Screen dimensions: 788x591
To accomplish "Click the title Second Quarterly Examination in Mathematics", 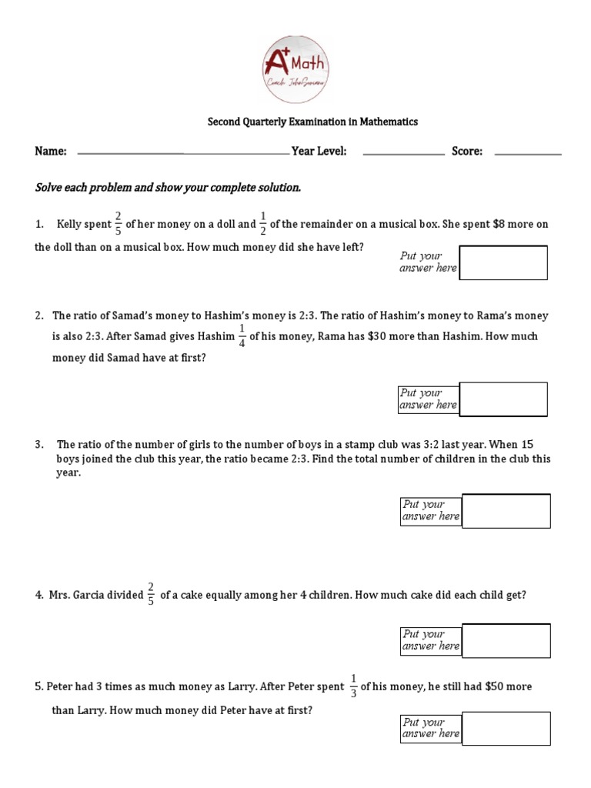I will click(313, 122).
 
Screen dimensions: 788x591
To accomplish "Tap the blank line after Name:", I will click(182, 154).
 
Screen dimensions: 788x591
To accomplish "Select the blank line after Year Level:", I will click(403, 154).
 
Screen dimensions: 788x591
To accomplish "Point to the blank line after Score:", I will click(527, 154).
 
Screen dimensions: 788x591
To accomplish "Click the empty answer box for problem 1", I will click(503, 262).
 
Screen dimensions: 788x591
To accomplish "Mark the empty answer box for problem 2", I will click(503, 399).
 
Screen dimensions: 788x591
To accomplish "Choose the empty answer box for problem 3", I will click(506, 511).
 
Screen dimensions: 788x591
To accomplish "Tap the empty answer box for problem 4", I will click(506, 640).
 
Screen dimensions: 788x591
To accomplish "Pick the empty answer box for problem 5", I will click(506, 728).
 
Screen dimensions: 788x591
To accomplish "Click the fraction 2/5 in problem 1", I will click(118, 224).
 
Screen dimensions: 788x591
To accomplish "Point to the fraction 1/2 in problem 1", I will click(263, 224).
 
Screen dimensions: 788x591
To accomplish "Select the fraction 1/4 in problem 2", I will click(242, 336).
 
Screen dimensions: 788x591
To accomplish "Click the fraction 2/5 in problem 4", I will click(151, 595).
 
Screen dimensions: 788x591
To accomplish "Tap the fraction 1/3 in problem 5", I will click(353, 686).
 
